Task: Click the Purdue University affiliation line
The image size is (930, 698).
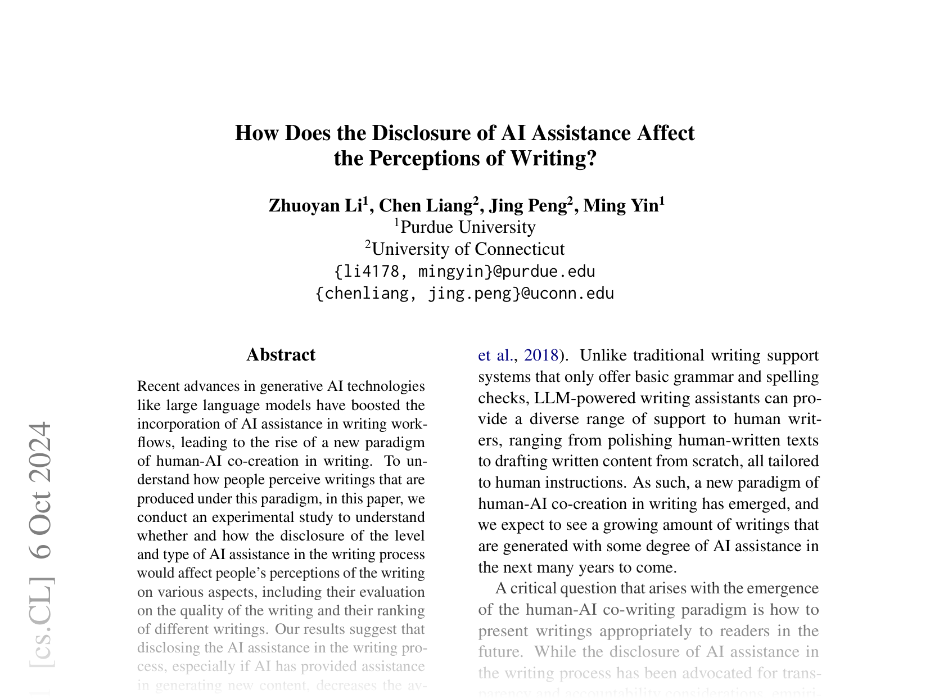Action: [x=465, y=227]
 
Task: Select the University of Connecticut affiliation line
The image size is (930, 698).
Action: [x=465, y=249]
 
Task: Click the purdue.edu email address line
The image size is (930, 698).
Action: [x=464, y=272]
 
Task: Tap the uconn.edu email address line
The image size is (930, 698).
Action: [x=464, y=294]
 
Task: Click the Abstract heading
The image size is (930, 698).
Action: [x=281, y=355]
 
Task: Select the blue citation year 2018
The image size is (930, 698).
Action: [x=541, y=355]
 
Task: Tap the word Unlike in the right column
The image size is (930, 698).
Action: [x=599, y=355]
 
